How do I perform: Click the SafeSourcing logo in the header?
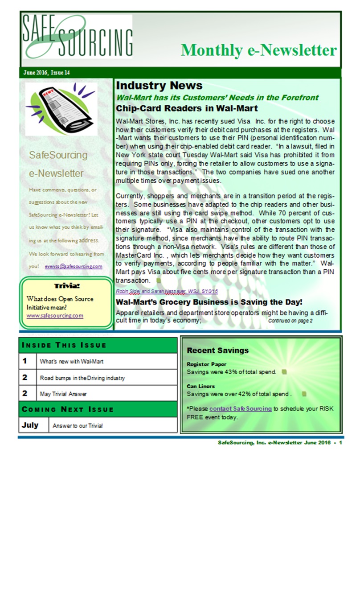78,37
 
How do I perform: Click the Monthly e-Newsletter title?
258,50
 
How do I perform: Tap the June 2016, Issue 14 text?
46,73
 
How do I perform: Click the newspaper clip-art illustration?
61,109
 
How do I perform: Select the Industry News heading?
159,86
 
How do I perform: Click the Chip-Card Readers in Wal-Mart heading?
187,108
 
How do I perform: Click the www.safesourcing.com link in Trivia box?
55,316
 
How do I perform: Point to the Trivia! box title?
67,286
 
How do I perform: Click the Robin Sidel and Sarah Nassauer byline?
167,291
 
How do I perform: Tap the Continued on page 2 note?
290,321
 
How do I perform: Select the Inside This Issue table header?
64,345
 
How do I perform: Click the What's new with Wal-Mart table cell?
72,362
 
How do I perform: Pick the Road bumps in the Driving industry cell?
82,378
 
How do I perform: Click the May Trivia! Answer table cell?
63,394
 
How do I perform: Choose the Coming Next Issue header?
68,409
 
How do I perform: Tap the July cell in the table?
30,425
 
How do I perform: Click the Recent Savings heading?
218,350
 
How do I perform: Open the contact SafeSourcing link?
240,408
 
